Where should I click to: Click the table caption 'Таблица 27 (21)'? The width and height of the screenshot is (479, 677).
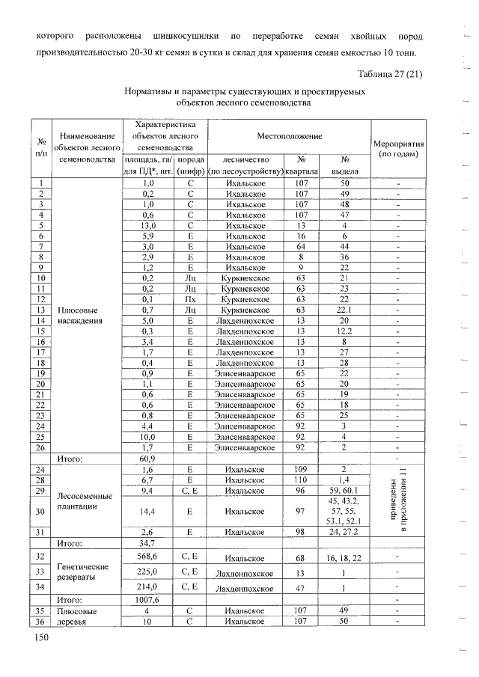pos(389,73)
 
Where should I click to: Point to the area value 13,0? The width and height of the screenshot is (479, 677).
pos(147,226)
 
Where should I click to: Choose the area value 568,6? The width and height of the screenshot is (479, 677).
pos(147,557)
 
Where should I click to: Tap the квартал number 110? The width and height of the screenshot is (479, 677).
pos(301,479)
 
